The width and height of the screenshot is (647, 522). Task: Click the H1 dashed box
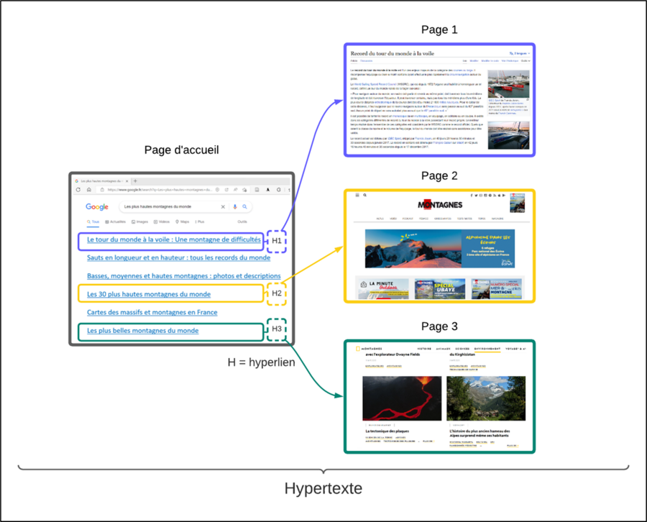pyautogui.click(x=277, y=240)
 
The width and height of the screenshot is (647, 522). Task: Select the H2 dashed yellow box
pyautogui.click(x=277, y=293)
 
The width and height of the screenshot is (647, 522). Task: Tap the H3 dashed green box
pyautogui.click(x=277, y=329)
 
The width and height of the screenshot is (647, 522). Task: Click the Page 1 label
pyautogui.click(x=439, y=30)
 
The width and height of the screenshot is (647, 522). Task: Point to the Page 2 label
pyautogui.click(x=439, y=176)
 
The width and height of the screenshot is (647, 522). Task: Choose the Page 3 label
pyautogui.click(x=439, y=326)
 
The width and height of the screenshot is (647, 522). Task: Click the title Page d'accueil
pyautogui.click(x=182, y=150)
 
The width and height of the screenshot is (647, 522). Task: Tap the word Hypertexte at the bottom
pyautogui.click(x=323, y=489)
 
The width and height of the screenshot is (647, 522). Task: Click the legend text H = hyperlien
pyautogui.click(x=261, y=362)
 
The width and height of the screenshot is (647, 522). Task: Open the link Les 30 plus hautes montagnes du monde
pyautogui.click(x=149, y=294)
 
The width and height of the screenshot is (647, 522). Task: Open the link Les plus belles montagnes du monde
pyautogui.click(x=142, y=331)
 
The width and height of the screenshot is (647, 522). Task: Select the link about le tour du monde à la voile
pyautogui.click(x=173, y=239)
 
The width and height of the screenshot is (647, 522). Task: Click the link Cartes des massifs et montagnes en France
pyautogui.click(x=152, y=312)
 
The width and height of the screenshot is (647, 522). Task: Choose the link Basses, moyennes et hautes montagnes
pyautogui.click(x=183, y=275)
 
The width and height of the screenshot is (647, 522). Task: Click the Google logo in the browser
pyautogui.click(x=97, y=207)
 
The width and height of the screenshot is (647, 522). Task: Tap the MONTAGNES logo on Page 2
pyautogui.click(x=440, y=205)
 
